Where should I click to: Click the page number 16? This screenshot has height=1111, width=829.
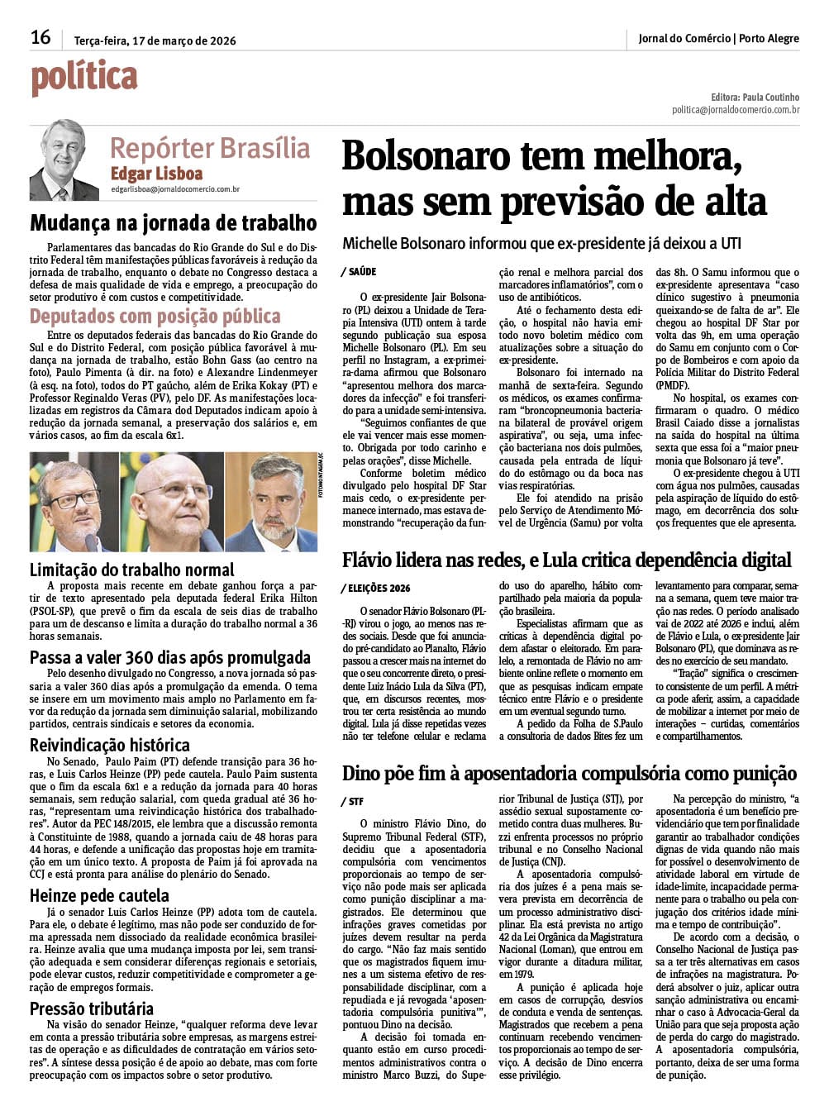coord(40,37)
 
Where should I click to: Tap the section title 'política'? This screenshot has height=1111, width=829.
coord(83,79)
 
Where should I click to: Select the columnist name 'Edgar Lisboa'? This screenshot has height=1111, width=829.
coord(156,174)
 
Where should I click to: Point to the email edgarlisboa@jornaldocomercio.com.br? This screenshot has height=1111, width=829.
coord(175,189)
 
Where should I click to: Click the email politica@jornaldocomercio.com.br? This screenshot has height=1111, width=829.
coord(735,109)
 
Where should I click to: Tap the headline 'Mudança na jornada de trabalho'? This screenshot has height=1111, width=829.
coord(173,223)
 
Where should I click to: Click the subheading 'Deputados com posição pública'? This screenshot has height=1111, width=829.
coord(155,317)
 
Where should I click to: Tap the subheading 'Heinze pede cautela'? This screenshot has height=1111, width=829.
coord(99,895)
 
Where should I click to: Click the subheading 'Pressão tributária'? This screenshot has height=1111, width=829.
coord(92,1008)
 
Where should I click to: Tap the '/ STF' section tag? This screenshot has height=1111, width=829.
coord(352,802)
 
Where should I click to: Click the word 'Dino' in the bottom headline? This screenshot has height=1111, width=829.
coord(361,774)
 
